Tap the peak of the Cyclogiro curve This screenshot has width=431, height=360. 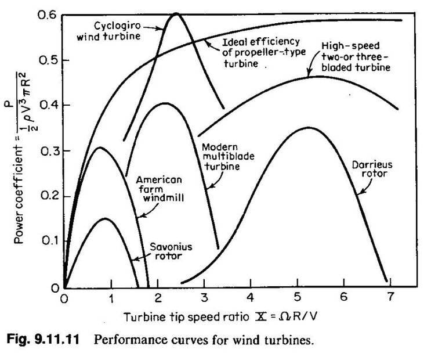pos(175,13)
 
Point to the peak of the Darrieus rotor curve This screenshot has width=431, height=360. pos(309,128)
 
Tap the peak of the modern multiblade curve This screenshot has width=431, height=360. pos(164,104)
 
